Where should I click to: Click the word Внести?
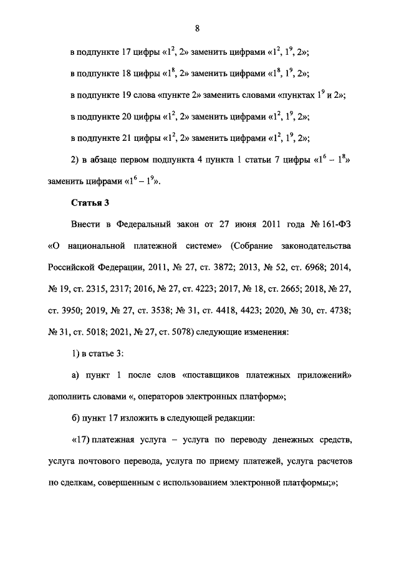[86, 224]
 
